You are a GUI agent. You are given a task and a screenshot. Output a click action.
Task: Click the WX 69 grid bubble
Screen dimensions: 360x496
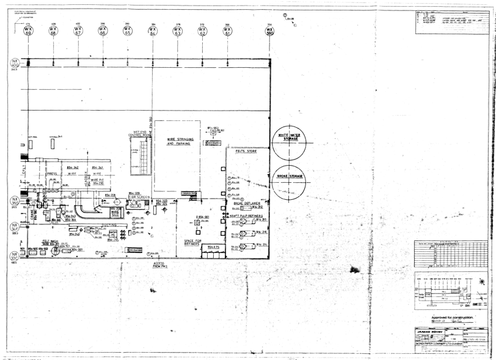28,31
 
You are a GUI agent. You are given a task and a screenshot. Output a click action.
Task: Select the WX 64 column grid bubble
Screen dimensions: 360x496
153,31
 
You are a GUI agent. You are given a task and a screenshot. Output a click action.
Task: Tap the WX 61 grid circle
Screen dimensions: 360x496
228,31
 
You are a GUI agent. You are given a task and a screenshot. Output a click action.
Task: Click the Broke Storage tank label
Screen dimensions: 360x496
290,176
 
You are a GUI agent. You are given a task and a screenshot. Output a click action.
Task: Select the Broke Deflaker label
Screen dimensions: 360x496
247,203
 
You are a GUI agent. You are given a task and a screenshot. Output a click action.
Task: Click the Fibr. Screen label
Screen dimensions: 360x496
139,197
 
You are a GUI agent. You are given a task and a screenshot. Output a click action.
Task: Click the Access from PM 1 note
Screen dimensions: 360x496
161,265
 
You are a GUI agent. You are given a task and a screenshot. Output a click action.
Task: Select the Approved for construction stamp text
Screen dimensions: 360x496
452,317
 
